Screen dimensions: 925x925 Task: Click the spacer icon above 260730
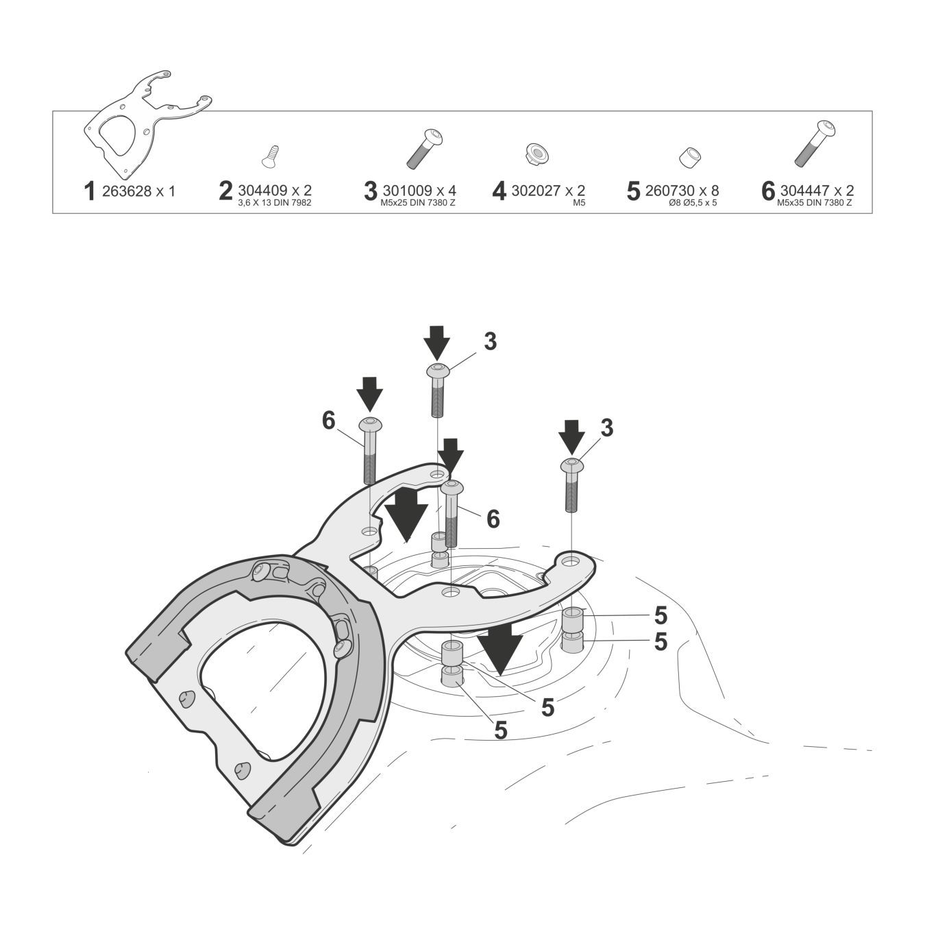click(687, 157)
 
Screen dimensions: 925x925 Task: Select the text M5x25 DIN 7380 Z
click(418, 203)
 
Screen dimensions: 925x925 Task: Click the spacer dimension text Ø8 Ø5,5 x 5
click(693, 203)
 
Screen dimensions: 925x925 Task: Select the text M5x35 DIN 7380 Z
click(815, 203)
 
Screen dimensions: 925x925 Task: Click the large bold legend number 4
click(500, 192)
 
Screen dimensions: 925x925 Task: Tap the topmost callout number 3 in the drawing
click(490, 341)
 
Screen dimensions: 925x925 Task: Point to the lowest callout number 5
click(501, 730)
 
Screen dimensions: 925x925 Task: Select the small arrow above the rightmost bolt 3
click(571, 436)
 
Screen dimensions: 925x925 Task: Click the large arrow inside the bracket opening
click(406, 513)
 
